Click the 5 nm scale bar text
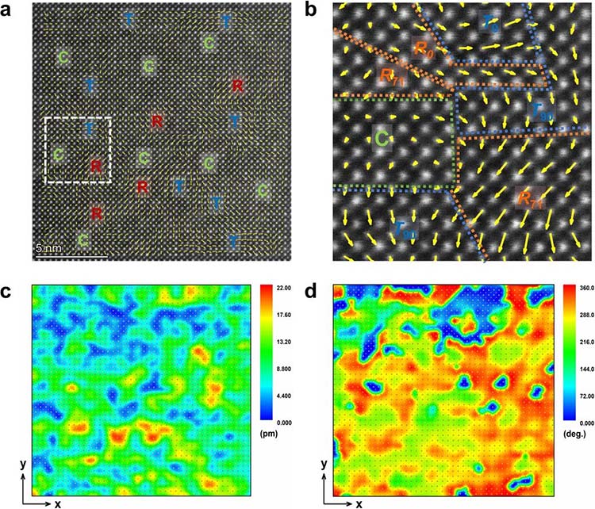point(48,249)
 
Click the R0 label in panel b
point(423,48)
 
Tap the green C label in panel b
point(382,140)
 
